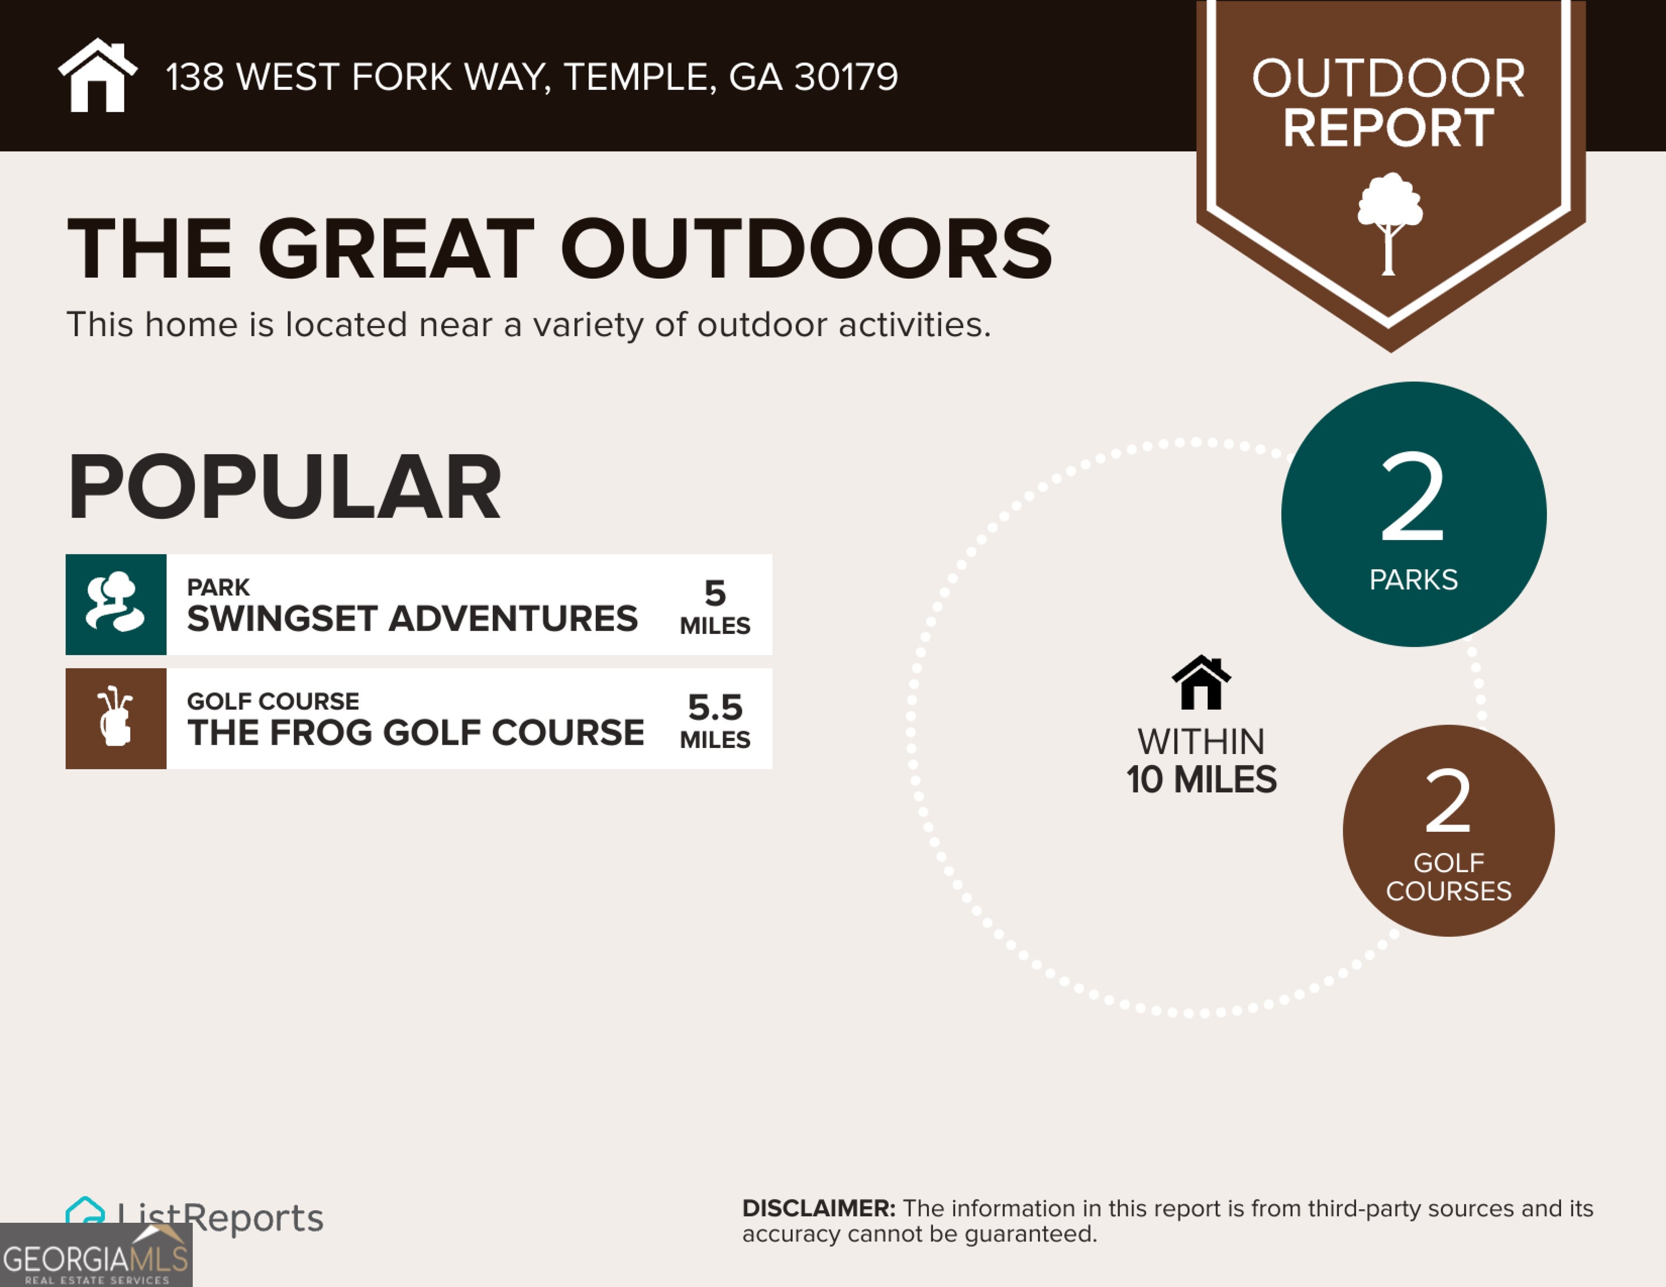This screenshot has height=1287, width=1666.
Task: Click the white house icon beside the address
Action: pos(98,75)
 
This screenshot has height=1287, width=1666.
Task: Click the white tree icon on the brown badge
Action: pos(1389,223)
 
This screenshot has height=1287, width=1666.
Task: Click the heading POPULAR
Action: pos(284,486)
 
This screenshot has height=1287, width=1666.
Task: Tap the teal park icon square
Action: pos(116,604)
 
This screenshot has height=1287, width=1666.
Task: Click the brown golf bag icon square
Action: pos(116,719)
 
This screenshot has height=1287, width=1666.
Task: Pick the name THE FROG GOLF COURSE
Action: pos(416,732)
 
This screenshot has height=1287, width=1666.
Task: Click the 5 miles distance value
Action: pos(715,607)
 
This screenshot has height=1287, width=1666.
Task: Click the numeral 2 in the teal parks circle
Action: pos(1413,496)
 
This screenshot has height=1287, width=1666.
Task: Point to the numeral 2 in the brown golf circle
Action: pos(1448,801)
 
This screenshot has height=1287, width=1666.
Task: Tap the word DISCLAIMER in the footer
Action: pos(818,1208)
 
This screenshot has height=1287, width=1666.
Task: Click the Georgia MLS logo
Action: pos(96,1255)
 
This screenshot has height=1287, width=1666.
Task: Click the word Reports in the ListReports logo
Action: pos(253,1218)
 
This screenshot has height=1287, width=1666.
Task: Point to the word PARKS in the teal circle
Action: pos(1413,580)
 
